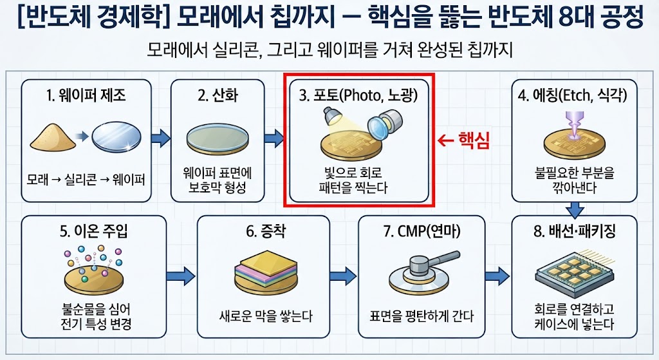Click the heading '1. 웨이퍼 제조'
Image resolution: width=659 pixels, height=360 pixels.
[86, 95]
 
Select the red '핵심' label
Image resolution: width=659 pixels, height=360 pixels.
[474, 140]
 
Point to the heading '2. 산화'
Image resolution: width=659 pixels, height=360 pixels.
[218, 95]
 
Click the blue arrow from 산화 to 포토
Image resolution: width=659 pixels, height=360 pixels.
[274, 138]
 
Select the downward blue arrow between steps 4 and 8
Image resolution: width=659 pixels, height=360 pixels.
[575, 210]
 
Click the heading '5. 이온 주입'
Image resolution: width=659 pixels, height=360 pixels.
[94, 231]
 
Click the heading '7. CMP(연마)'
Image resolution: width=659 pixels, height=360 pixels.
[422, 231]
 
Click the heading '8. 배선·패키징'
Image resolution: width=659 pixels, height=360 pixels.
[575, 231]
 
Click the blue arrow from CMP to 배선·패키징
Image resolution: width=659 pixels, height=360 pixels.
[497, 276]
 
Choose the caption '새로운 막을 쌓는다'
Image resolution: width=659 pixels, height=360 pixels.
[266, 316]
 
